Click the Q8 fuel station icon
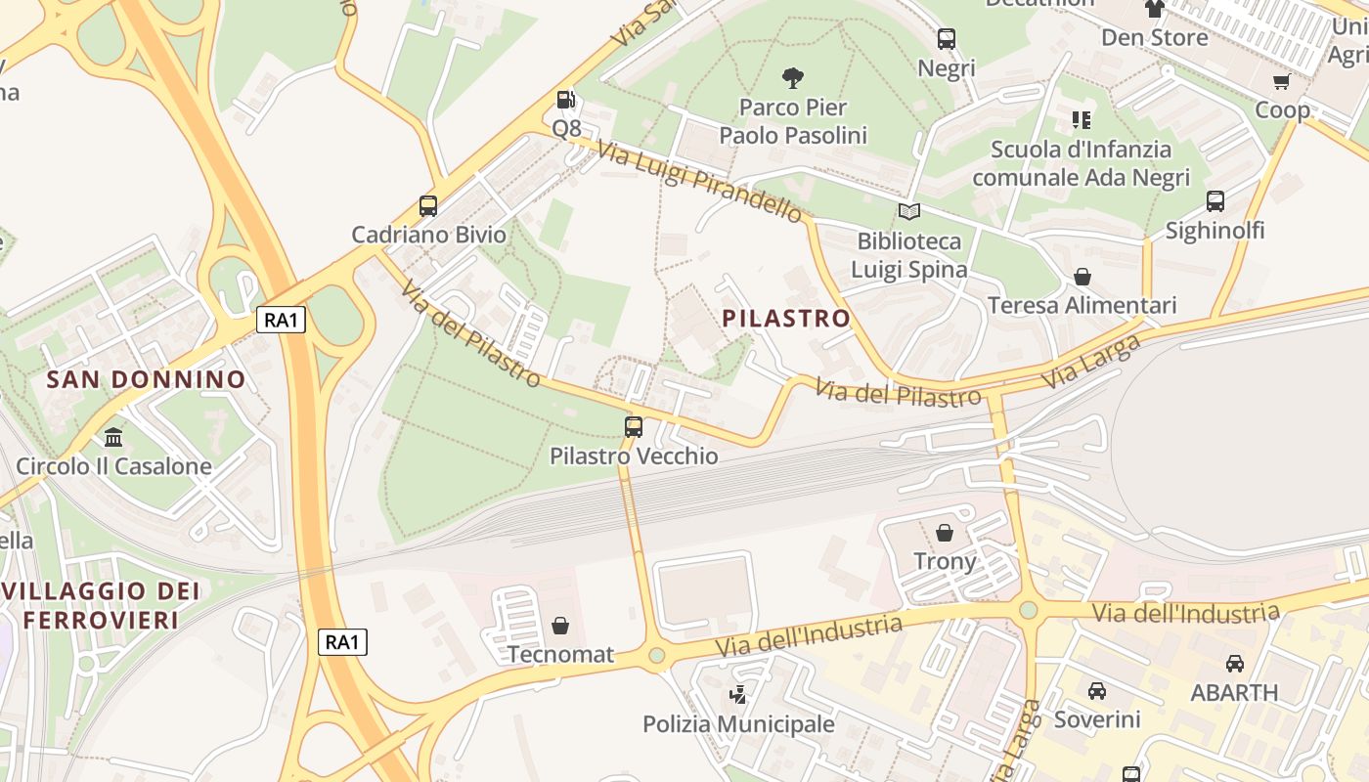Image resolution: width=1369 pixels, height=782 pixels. [565, 99]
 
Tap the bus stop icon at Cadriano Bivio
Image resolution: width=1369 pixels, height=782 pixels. [428, 205]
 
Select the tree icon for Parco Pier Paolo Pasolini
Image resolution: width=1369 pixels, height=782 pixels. [793, 77]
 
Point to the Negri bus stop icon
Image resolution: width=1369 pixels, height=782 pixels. [947, 39]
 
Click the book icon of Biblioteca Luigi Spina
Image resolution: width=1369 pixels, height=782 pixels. [909, 211]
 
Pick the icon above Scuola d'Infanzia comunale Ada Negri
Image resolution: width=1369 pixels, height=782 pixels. [1081, 120]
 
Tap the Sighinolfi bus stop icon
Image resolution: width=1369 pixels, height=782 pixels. [1215, 201]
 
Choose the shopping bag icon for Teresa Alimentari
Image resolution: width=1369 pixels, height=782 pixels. [1082, 277]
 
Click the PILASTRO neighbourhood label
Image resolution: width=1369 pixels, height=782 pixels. [786, 319]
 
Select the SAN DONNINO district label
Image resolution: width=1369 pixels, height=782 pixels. [147, 379]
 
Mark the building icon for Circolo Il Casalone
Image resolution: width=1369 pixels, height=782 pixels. [113, 437]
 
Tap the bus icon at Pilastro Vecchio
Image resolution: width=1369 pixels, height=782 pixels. [634, 427]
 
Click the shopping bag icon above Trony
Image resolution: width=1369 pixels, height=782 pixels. [945, 533]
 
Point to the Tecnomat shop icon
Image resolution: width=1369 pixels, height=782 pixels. [560, 625]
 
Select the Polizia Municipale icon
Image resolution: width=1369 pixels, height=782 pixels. [738, 695]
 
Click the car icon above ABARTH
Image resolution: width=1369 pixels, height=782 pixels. [1235, 664]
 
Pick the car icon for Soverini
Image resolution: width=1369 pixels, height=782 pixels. [1097, 691]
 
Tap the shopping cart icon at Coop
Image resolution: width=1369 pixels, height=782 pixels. [1282, 81]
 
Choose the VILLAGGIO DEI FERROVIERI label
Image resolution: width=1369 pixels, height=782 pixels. [102, 605]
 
